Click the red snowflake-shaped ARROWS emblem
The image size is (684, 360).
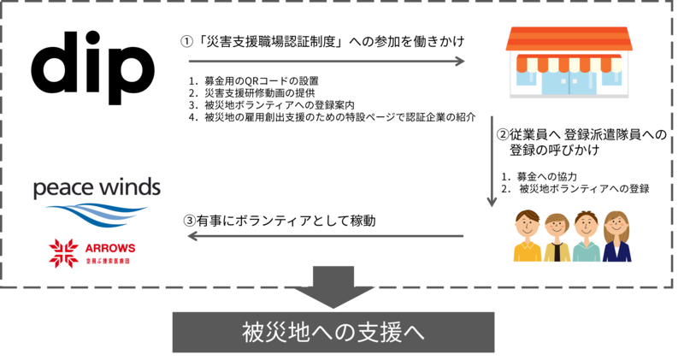click(x=64, y=253)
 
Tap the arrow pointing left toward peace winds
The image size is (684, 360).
click(x=325, y=235)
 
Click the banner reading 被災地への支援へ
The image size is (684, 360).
click(x=333, y=332)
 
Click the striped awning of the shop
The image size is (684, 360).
click(x=569, y=62)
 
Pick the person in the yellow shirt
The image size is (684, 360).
click(x=528, y=237)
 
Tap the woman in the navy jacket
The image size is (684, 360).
click(x=616, y=238)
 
